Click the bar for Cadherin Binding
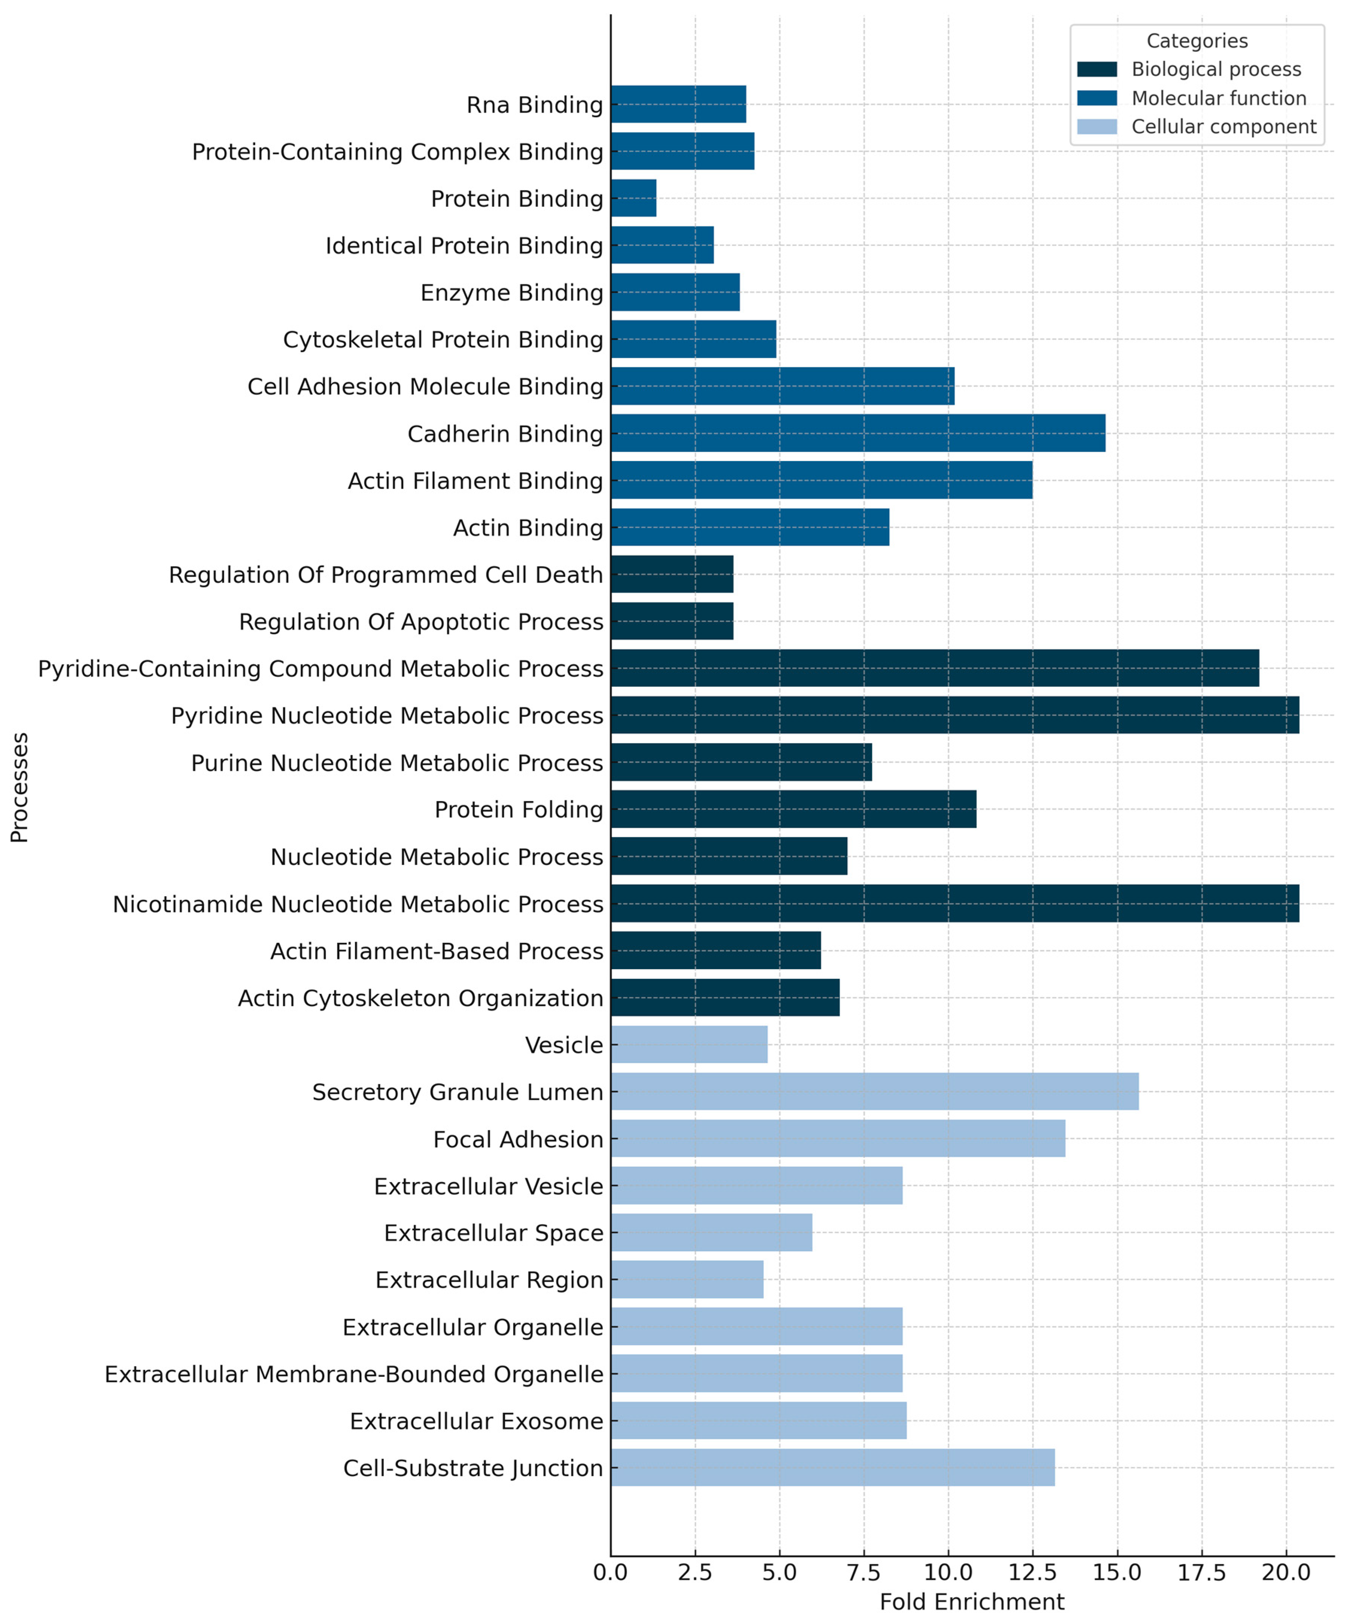[x=858, y=433]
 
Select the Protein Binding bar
[x=633, y=199]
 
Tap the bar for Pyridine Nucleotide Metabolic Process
[x=954, y=715]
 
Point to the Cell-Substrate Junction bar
[x=832, y=1467]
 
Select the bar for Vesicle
[x=688, y=1044]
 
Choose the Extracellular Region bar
[x=687, y=1280]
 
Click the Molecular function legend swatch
[x=1096, y=98]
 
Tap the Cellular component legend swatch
[x=1096, y=127]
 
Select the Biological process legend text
[x=1216, y=70]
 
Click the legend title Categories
[x=1197, y=41]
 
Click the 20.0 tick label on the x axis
[x=1286, y=1573]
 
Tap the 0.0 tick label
[x=611, y=1573]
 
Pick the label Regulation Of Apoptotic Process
[x=421, y=622]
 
